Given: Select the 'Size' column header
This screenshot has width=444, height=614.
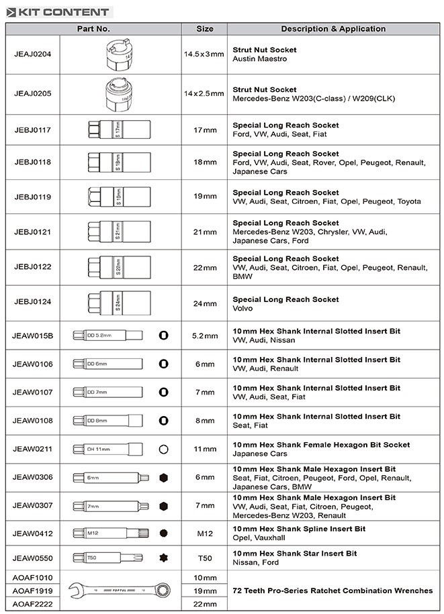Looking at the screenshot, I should pyautogui.click(x=205, y=29).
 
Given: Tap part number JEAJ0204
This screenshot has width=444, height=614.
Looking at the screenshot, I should pyautogui.click(x=32, y=54).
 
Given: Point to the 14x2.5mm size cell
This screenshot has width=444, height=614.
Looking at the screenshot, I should pyautogui.click(x=204, y=93).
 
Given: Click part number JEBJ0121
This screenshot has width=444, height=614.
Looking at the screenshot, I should pyautogui.click(x=32, y=232).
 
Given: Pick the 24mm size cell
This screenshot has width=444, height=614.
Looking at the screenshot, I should pyautogui.click(x=205, y=303).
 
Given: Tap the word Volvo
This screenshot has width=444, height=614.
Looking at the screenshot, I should pyautogui.click(x=242, y=309).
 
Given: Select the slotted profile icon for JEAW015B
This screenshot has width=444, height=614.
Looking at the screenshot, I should pyautogui.click(x=163, y=336).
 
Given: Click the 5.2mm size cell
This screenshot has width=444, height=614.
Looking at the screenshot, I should pyautogui.click(x=205, y=336).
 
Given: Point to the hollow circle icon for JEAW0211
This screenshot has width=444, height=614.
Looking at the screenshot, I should pyautogui.click(x=163, y=450).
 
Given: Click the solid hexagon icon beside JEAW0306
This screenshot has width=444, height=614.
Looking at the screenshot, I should pyautogui.click(x=163, y=478).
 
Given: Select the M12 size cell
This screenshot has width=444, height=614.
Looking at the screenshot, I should pyautogui.click(x=205, y=534).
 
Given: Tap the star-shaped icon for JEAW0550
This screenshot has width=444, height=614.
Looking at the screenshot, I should pyautogui.click(x=163, y=558).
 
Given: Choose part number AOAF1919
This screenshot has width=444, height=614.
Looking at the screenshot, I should pyautogui.click(x=32, y=591).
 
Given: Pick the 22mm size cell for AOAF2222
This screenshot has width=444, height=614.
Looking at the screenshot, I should pyautogui.click(x=205, y=604).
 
